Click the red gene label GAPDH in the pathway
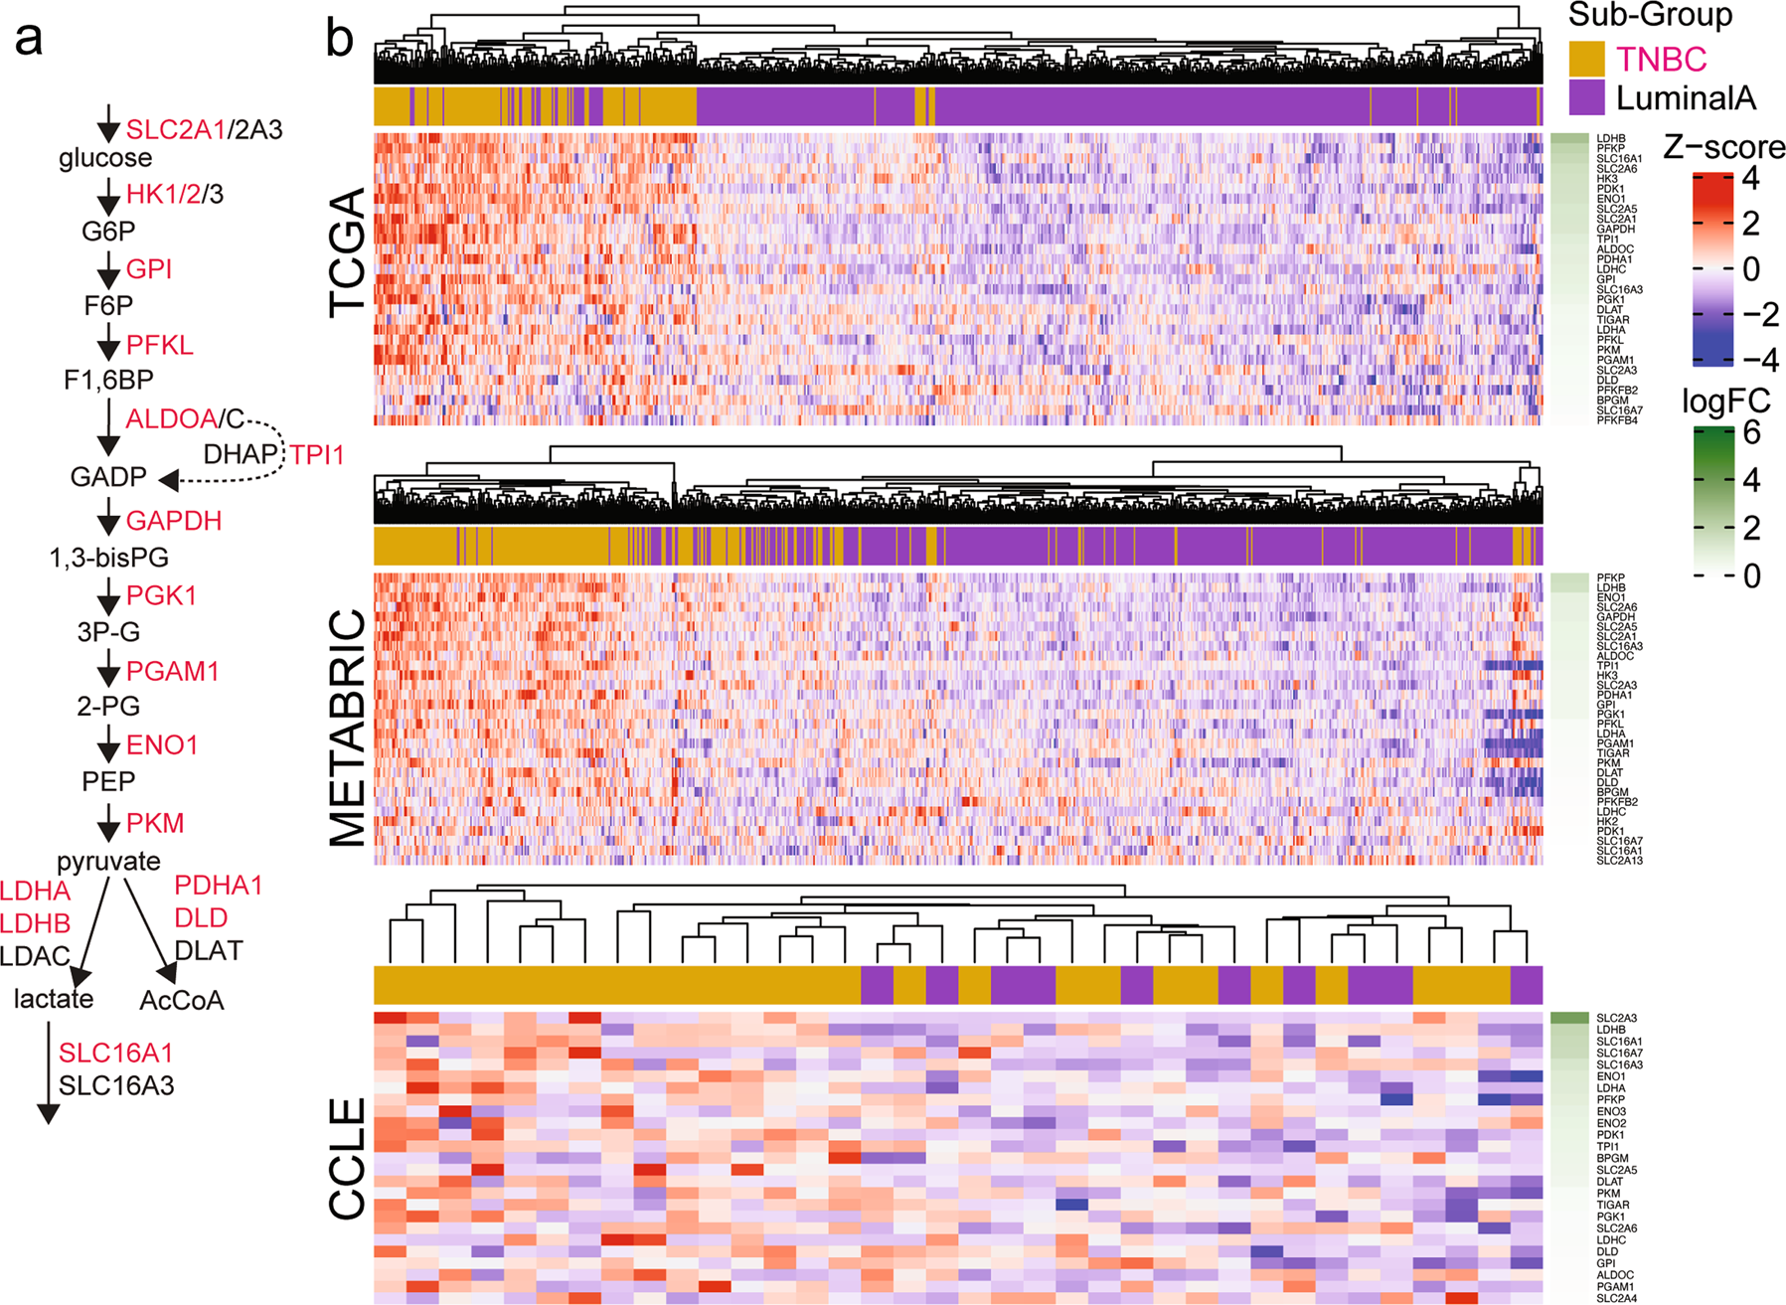pos(174,521)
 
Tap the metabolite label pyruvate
pos(108,861)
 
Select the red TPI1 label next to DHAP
pos(317,455)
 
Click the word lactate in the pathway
pos(54,999)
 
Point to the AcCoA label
pos(182,1000)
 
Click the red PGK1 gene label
pos(162,595)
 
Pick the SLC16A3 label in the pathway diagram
pos(116,1085)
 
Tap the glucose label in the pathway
pos(105,158)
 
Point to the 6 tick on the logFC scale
pos(1751,432)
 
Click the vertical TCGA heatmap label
pos(348,253)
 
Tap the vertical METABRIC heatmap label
pos(348,728)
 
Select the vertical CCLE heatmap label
pos(348,1158)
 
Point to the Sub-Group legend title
pos(1650,15)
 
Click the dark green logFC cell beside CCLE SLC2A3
pos(1569,1018)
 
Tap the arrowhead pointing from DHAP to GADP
pos(169,481)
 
